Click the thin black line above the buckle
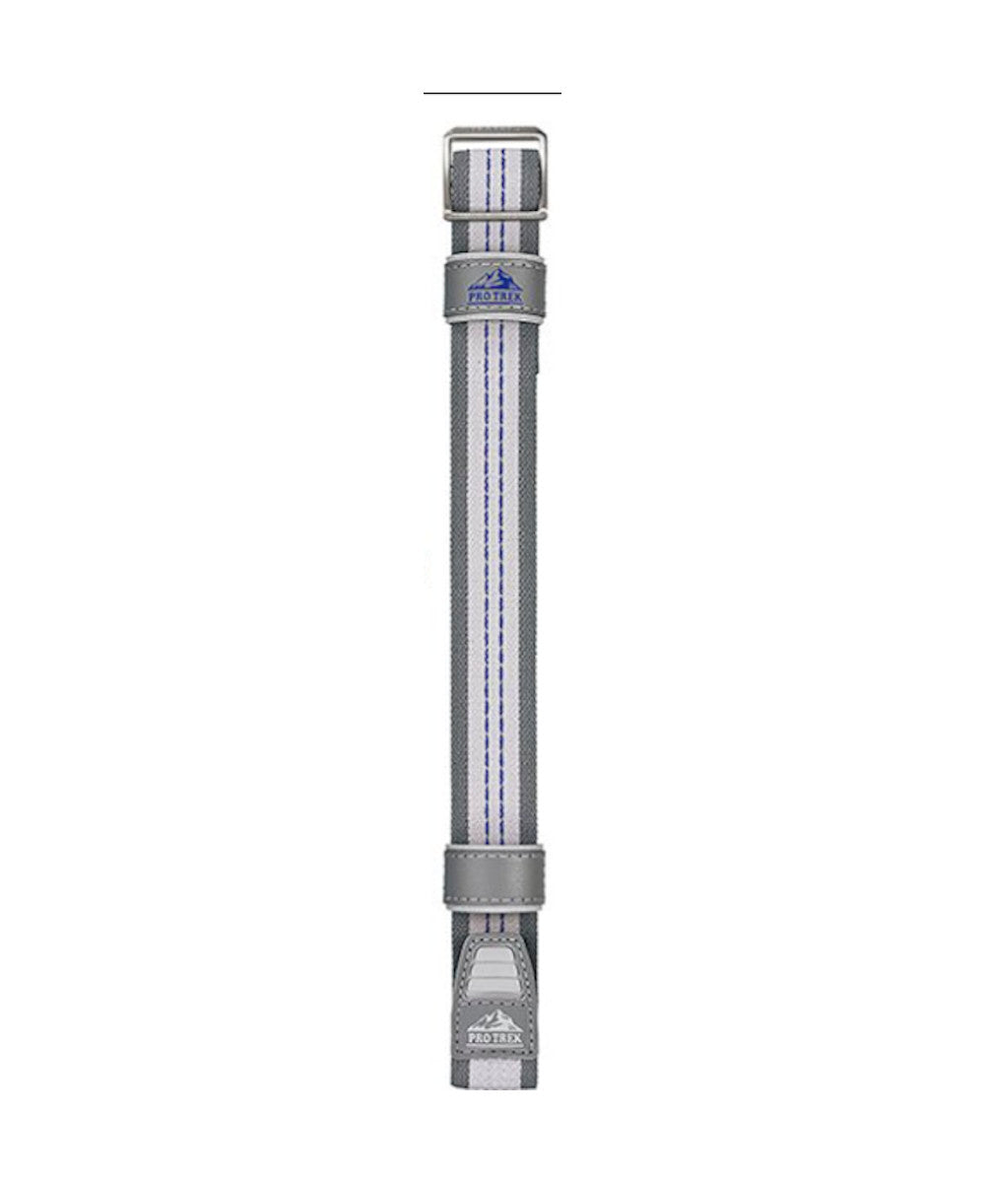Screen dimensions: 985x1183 pos(492,93)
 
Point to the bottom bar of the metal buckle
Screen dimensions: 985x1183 pos(494,214)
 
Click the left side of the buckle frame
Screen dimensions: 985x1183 pos(448,174)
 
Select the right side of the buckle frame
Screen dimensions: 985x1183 pos(541,174)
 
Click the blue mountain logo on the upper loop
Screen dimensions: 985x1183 pos(494,279)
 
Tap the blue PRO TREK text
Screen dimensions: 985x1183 pos(494,297)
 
